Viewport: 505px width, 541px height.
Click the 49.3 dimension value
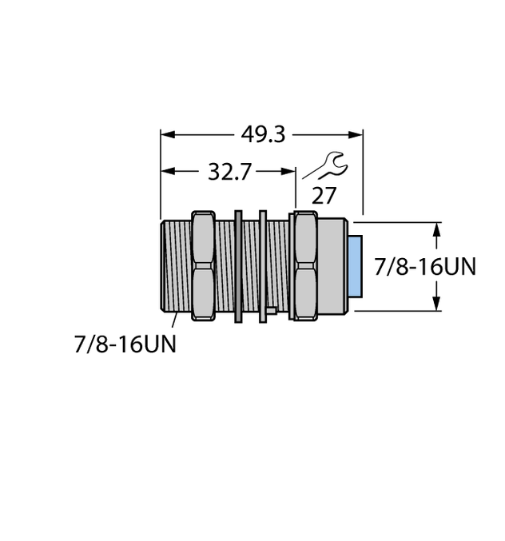click(263, 134)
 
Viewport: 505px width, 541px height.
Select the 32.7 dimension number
click(229, 171)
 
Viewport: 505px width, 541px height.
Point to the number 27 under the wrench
click(324, 196)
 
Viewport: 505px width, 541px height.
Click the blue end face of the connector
click(355, 266)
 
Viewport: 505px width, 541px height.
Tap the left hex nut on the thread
click(203, 266)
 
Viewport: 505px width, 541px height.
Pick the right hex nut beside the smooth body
click(303, 266)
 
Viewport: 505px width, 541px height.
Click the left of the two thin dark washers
click(238, 266)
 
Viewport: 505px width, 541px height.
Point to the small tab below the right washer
click(271, 311)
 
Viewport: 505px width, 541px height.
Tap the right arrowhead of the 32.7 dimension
click(291, 171)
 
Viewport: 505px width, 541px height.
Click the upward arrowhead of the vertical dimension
click(436, 227)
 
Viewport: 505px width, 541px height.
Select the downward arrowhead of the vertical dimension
click(436, 304)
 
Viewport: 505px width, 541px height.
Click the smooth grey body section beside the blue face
click(332, 266)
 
